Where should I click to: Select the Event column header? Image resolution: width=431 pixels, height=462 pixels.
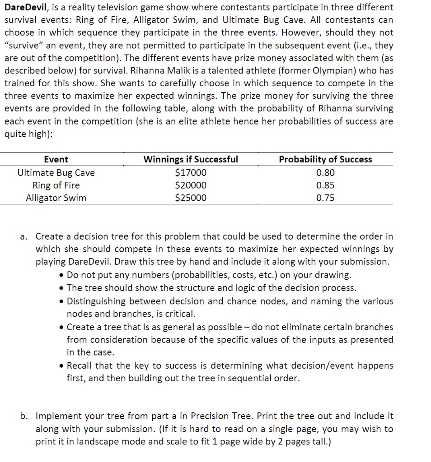(56, 159)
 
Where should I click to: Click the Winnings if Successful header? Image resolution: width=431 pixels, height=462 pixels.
(191, 159)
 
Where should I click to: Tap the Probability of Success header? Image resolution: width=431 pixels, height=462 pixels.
(325, 159)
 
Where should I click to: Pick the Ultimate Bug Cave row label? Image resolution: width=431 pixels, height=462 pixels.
(56, 172)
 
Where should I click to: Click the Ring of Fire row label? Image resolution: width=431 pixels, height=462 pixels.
(56, 185)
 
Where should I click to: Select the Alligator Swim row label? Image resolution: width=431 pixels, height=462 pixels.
(56, 198)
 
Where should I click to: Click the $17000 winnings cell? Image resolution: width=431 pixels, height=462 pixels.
(190, 172)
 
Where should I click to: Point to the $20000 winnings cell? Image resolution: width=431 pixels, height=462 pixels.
(190, 185)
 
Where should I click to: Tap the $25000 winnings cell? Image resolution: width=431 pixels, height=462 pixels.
(190, 198)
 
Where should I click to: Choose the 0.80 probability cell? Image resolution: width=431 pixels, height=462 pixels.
(325, 172)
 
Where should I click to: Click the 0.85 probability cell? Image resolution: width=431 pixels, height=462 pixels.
(325, 185)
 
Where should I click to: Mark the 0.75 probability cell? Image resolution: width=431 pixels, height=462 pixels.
(325, 198)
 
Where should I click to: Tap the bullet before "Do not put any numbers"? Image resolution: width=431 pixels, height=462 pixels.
(61, 275)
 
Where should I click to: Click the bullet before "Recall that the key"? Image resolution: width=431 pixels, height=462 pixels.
(61, 366)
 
